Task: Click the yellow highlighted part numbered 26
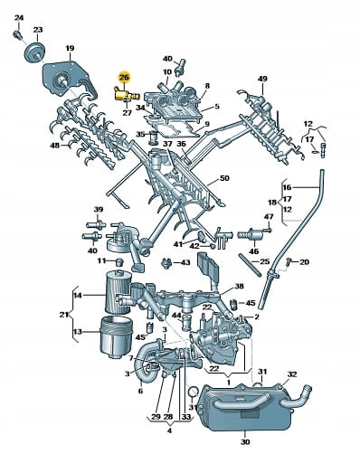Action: [126, 94]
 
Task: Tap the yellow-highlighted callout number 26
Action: [124, 78]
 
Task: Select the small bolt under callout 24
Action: [18, 34]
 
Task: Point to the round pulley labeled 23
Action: [34, 52]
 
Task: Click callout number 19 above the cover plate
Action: [70, 48]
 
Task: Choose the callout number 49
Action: [262, 79]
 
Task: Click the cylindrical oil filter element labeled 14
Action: [118, 291]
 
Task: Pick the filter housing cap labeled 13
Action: [116, 336]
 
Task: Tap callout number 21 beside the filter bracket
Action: [64, 315]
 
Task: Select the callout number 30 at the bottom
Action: [245, 442]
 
